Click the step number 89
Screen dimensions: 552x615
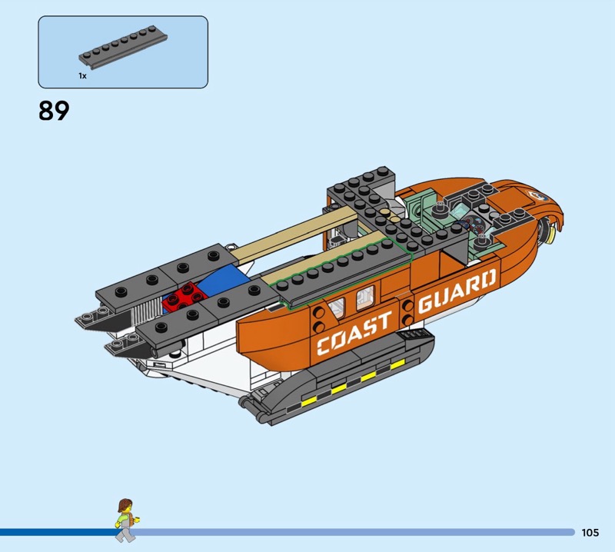(54, 111)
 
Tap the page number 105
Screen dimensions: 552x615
(590, 532)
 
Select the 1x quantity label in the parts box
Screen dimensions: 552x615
(82, 76)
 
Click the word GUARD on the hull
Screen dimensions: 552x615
(457, 290)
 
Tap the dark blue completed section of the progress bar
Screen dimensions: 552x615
(58, 531)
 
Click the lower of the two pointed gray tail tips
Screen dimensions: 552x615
(115, 347)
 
